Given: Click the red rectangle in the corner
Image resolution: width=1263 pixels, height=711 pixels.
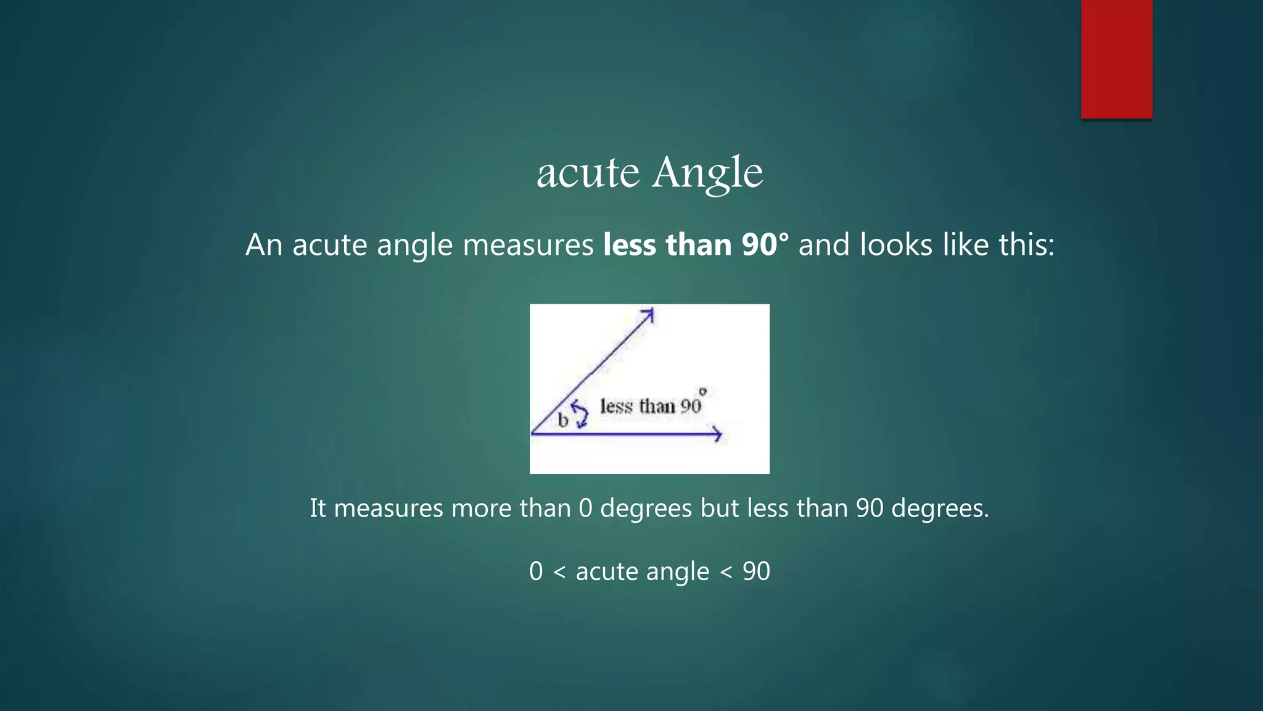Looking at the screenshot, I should pyautogui.click(x=1116, y=59).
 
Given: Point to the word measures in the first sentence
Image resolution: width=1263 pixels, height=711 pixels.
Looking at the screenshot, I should pyautogui.click(x=528, y=245).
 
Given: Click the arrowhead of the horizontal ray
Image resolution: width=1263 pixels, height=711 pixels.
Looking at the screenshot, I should pyautogui.click(x=717, y=434).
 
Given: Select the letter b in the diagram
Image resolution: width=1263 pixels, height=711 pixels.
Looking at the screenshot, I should pyautogui.click(x=562, y=421).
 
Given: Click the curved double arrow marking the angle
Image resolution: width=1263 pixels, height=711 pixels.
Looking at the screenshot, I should pyautogui.click(x=579, y=414).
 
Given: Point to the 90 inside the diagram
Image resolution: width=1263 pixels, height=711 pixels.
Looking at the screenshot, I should pyautogui.click(x=691, y=406).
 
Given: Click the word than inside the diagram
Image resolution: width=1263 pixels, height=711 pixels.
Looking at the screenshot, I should pyautogui.click(x=657, y=406).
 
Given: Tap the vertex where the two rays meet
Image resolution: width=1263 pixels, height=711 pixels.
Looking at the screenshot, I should pyautogui.click(x=532, y=433).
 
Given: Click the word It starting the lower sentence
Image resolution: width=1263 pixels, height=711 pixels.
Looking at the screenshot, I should pyautogui.click(x=318, y=509).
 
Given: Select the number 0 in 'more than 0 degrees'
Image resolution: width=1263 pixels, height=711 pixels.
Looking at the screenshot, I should pyautogui.click(x=585, y=509).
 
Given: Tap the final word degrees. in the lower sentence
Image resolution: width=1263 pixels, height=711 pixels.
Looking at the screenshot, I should pyautogui.click(x=940, y=509).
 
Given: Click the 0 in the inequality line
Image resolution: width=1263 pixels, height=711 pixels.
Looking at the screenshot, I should pyautogui.click(x=536, y=572).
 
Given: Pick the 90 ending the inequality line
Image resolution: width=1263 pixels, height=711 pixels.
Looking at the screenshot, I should pyautogui.click(x=756, y=572).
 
